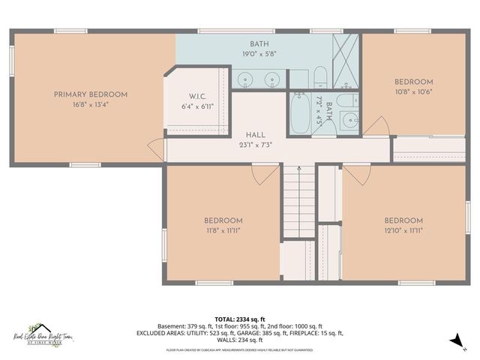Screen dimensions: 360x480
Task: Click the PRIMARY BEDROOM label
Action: tap(90, 94)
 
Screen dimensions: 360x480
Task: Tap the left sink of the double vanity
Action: tap(245, 79)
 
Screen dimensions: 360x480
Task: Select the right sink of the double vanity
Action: tap(270, 79)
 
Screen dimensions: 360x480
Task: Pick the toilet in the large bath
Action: tap(319, 76)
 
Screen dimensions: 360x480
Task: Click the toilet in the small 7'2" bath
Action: tap(345, 100)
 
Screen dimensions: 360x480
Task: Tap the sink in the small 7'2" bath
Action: tap(349, 120)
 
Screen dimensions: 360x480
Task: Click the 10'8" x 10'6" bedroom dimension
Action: tap(413, 91)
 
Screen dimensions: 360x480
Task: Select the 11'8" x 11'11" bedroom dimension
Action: tap(223, 230)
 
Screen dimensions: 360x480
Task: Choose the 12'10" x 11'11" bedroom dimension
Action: tap(403, 230)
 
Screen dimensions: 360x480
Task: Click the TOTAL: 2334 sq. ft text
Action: tap(240, 319)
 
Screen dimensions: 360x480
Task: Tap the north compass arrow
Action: tap(455, 340)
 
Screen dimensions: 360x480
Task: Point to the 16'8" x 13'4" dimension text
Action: tap(90, 104)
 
